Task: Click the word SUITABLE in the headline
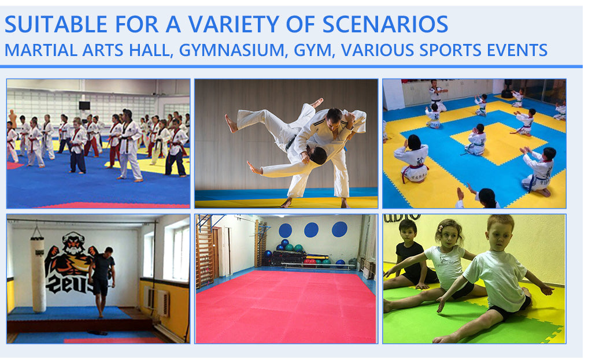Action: (56, 24)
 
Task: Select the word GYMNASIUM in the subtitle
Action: (232, 50)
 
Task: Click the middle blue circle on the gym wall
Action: (311, 230)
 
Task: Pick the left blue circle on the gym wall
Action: (285, 230)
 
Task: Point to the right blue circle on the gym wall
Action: (339, 229)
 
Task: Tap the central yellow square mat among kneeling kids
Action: (499, 143)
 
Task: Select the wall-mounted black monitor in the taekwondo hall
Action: (84, 105)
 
